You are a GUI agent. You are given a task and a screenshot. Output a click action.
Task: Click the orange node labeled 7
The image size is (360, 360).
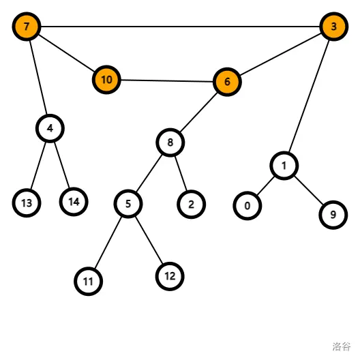coord(27,27)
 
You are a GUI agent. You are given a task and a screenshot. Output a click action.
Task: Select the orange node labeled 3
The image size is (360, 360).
coord(334,27)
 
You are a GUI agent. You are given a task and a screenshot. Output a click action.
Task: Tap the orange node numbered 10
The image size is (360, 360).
coord(106,80)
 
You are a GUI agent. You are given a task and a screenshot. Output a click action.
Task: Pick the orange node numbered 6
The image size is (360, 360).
coord(227,82)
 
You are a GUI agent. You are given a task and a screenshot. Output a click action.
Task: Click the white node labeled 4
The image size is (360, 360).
coord(50,128)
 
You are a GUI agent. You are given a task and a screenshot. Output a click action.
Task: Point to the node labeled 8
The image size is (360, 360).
coord(170,142)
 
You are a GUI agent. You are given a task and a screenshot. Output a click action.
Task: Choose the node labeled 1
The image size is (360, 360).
coord(284,166)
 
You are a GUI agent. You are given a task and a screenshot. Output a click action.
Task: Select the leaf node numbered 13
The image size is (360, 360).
coord(27,203)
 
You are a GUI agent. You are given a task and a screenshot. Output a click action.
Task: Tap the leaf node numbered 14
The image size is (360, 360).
coord(74,202)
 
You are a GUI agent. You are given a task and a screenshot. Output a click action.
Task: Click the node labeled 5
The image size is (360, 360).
coord(128,204)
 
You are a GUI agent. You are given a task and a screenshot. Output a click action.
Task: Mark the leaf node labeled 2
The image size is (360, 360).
coord(191,205)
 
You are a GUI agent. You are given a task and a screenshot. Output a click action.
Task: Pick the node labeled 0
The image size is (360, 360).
coord(247,206)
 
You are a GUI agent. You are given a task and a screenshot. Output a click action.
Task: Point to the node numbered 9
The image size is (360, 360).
coord(333,215)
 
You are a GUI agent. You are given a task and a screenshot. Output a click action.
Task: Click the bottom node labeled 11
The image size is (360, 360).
coord(88,281)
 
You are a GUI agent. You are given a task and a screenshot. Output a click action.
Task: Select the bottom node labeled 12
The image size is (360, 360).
coord(170,276)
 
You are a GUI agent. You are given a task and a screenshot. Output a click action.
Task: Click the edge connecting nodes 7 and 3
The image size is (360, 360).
coord(180,27)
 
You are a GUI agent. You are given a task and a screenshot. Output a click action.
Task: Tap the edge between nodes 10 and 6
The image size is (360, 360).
coord(167,81)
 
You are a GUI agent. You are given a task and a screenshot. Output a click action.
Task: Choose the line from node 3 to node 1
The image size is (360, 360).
coord(309,96)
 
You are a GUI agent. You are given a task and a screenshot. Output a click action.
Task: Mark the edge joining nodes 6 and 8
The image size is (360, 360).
coord(198,112)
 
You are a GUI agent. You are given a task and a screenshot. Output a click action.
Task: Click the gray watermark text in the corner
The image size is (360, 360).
coord(342,346)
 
